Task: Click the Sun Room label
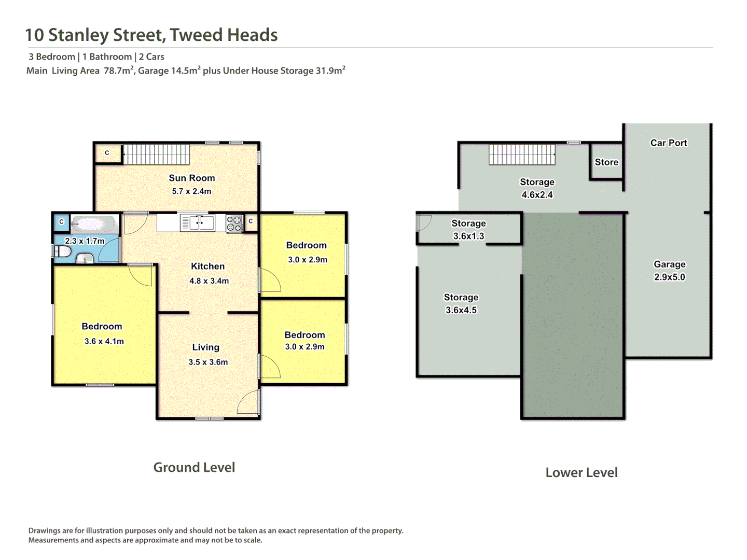click(191, 178)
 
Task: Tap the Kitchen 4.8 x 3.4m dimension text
click(209, 281)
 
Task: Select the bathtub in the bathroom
click(94, 224)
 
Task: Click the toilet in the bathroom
click(63, 251)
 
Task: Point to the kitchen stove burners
click(234, 223)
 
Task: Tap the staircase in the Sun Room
click(156, 154)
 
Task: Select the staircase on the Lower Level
click(522, 154)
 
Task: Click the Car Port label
click(669, 143)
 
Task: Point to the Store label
click(606, 162)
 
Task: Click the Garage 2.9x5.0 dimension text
click(669, 277)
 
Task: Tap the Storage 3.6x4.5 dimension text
click(461, 310)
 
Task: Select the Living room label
click(205, 347)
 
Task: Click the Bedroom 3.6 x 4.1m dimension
click(104, 341)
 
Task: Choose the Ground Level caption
click(194, 467)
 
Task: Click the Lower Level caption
click(581, 472)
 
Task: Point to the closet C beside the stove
click(251, 221)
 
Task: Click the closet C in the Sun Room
click(107, 153)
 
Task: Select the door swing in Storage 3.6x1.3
click(423, 222)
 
